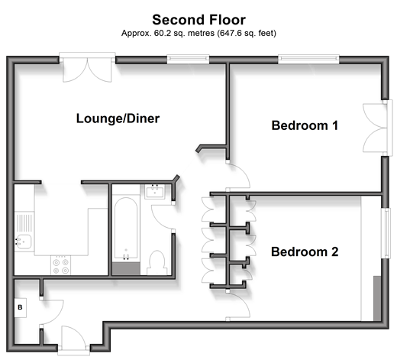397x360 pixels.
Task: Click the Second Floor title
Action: (198, 20)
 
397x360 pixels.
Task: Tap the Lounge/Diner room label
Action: (118, 118)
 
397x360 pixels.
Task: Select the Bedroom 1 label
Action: (305, 125)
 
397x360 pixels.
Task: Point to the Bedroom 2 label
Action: (305, 251)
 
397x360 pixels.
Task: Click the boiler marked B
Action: (20, 307)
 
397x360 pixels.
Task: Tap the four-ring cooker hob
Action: (60, 265)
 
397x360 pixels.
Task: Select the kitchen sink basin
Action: (24, 242)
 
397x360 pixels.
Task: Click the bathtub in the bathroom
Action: (126, 229)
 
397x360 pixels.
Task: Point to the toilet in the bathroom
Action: (157, 262)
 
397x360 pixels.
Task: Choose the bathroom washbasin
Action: (155, 192)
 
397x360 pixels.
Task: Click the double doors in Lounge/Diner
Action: (87, 70)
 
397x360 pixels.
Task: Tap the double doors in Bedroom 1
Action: (375, 128)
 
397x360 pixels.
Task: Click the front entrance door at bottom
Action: (74, 338)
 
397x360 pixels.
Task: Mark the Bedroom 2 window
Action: (386, 233)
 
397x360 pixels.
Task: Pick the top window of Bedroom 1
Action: (308, 60)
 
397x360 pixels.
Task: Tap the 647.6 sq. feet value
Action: (247, 34)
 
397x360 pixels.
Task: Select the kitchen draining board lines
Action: (24, 223)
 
